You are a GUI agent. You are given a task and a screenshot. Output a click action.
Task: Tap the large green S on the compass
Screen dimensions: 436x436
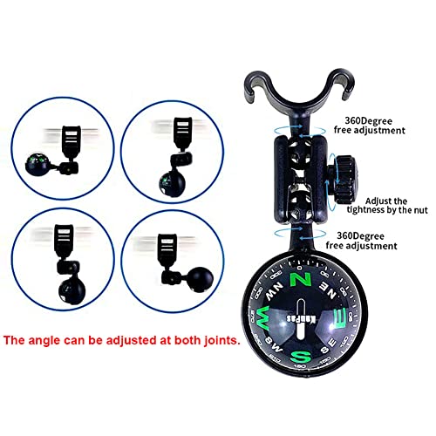(x=303, y=357)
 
